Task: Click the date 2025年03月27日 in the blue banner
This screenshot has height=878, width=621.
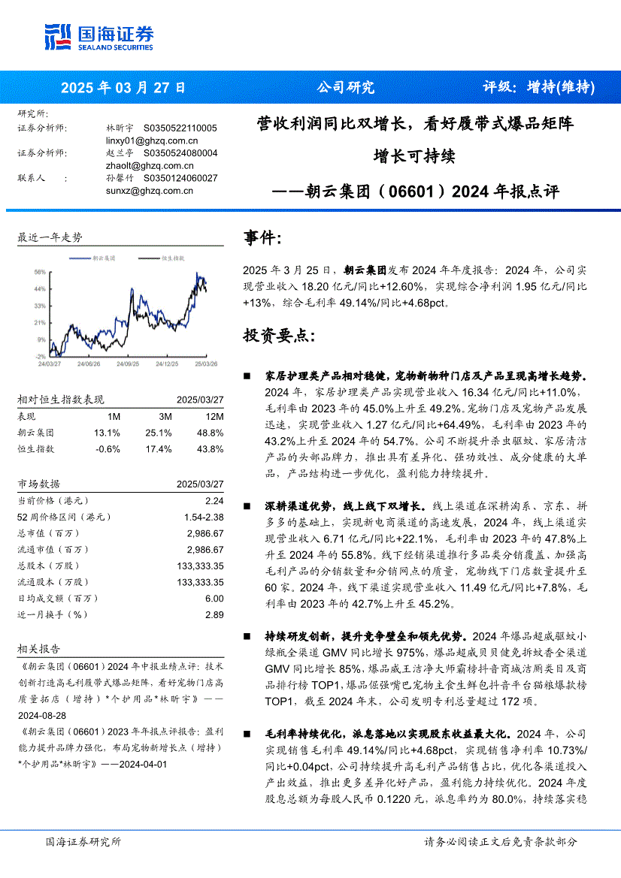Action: pyautogui.click(x=123, y=87)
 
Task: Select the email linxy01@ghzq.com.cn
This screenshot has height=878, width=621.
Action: pyautogui.click(x=152, y=140)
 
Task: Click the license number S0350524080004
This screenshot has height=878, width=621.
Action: pyautogui.click(x=180, y=152)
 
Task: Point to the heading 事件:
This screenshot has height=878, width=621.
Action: pyautogui.click(x=262, y=239)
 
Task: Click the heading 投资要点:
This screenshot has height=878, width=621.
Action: pyautogui.click(x=274, y=335)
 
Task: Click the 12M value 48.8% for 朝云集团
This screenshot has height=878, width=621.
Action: pyautogui.click(x=211, y=433)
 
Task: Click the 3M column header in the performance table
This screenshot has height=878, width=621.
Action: pyautogui.click(x=165, y=417)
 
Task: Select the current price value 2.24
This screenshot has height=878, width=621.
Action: pyautogui.click(x=214, y=501)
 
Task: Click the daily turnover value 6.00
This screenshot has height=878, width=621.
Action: pyautogui.click(x=214, y=599)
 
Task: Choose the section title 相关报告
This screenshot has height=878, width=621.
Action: pyautogui.click(x=38, y=649)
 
